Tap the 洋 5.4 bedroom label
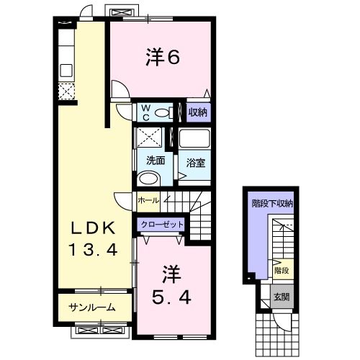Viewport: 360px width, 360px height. click(170, 285)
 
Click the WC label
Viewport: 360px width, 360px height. click(145, 112)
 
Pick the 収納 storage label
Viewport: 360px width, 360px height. click(198, 112)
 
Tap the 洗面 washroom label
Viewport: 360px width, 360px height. click(156, 161)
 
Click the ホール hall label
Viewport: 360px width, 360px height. click(148, 199)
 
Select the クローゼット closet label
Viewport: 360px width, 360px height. click(163, 225)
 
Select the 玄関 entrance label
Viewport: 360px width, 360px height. click(282, 296)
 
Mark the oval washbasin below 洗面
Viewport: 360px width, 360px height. click(149, 179)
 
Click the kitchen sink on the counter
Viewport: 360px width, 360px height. click(67, 71)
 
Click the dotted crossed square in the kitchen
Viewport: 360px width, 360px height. click(66, 92)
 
